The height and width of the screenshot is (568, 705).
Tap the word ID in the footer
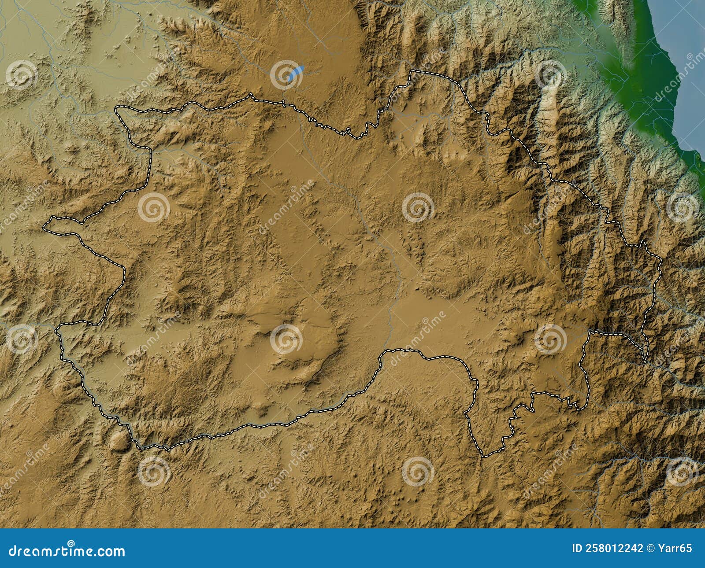pyautogui.click(x=578, y=549)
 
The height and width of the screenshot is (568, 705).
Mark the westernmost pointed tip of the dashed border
pyautogui.click(x=45, y=227)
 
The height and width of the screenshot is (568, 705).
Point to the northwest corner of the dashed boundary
pyautogui.click(x=117, y=107)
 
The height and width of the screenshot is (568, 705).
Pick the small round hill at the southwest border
pyautogui.click(x=118, y=440)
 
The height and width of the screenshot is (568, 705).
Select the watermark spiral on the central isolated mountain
pyautogui.click(x=286, y=339)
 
